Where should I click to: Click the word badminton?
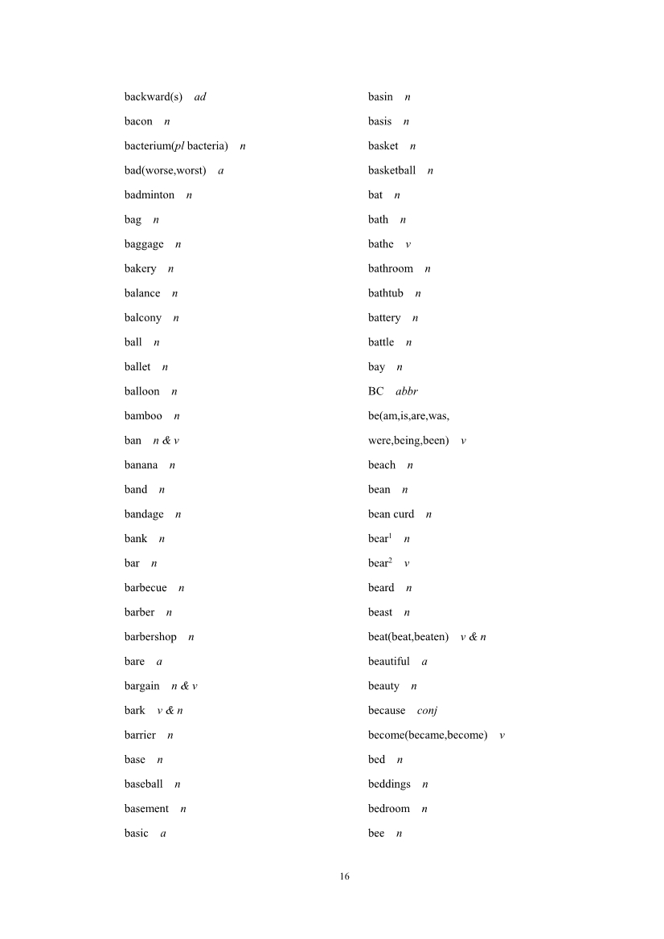[x=149, y=195]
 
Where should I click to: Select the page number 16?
[x=344, y=876]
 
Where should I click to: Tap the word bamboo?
[x=143, y=416]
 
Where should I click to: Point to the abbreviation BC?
[x=375, y=391]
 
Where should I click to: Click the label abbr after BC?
[x=407, y=391]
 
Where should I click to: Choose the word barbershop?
[x=150, y=637]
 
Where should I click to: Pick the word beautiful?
[x=388, y=662]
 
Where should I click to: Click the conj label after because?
[x=427, y=711]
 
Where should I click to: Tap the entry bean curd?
[x=391, y=514]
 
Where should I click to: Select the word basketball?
[x=391, y=170]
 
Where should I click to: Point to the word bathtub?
[x=386, y=293]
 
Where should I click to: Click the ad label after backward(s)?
[x=200, y=97]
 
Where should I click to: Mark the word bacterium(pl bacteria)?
[x=176, y=146]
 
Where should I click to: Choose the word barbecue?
[x=146, y=588]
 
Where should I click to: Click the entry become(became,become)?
[x=428, y=735]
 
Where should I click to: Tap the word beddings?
[x=389, y=784]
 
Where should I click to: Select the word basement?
[x=146, y=809]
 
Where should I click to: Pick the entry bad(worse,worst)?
[x=165, y=170]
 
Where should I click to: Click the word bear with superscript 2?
[x=379, y=563]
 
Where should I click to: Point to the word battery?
[x=384, y=318]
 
